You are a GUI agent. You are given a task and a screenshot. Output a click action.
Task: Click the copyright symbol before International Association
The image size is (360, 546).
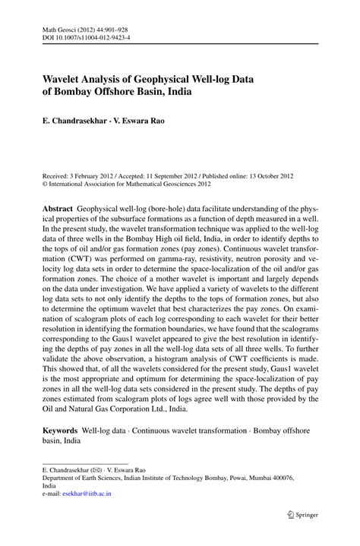click(45, 183)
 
